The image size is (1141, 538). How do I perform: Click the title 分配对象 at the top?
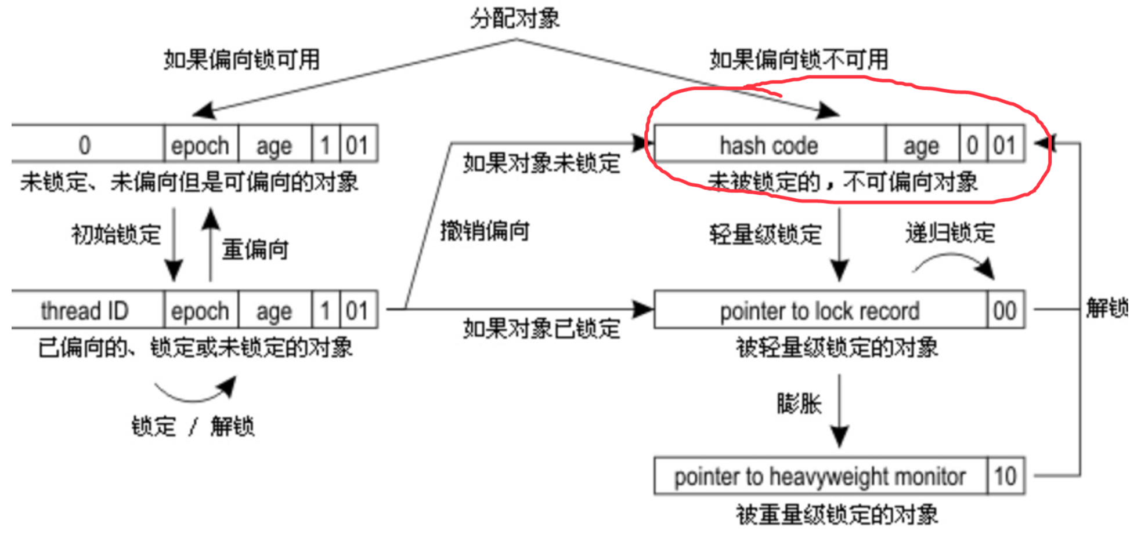click(x=515, y=19)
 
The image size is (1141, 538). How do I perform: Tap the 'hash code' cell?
click(x=769, y=146)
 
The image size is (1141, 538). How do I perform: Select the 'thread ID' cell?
click(x=85, y=311)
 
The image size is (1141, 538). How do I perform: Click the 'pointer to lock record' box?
click(x=819, y=311)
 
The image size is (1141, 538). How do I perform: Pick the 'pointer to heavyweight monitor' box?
click(x=819, y=477)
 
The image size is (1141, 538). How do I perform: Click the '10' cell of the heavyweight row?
click(x=1005, y=477)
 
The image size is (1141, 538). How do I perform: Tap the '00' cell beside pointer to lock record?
click(x=1005, y=311)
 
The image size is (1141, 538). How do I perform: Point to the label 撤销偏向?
click(x=485, y=231)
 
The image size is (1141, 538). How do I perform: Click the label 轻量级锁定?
click(x=766, y=234)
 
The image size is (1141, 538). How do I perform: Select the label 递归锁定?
click(x=950, y=233)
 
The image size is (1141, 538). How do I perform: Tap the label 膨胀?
click(x=799, y=403)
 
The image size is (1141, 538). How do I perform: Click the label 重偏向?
click(x=255, y=249)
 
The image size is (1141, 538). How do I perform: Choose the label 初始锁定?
click(x=116, y=234)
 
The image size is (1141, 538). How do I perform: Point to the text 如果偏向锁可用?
click(x=241, y=59)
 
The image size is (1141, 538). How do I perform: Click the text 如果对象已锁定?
click(x=541, y=329)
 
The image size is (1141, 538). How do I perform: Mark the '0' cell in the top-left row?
click(x=85, y=145)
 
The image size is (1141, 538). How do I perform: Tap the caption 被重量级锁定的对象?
click(x=837, y=514)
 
